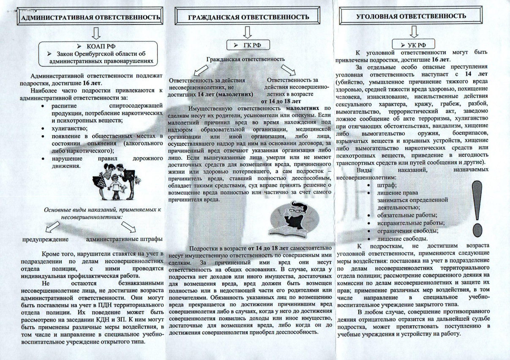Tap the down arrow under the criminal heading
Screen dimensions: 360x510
point(414,30)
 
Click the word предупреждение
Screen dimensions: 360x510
point(46,239)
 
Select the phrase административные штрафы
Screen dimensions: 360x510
point(124,239)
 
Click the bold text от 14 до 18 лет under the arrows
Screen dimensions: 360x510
point(281,101)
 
